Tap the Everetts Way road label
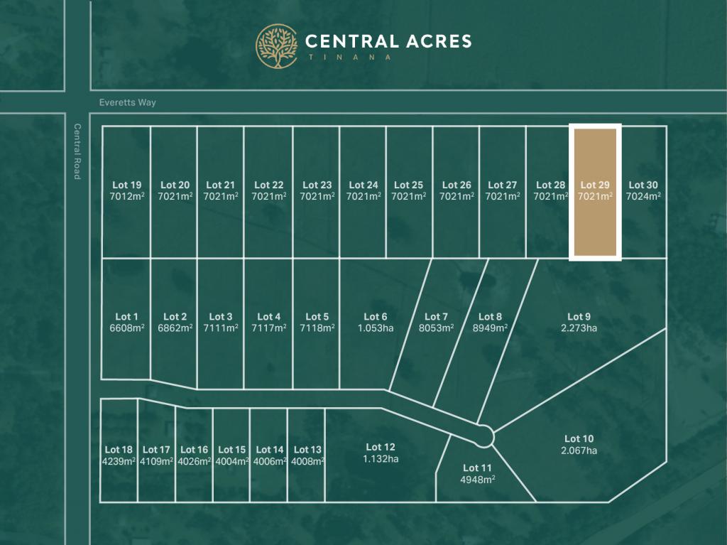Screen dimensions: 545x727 128,102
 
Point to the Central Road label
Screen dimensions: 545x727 77,151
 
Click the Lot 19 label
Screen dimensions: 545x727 126,185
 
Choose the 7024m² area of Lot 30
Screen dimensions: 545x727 643,196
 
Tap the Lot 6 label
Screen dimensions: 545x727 376,317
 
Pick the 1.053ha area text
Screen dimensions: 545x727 376,328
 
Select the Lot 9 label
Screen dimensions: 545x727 579,317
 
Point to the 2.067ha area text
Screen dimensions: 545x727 579,450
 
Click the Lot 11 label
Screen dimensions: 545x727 477,468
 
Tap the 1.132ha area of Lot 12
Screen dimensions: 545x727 381,458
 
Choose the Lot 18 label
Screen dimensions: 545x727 119,450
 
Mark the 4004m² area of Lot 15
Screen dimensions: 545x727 231,460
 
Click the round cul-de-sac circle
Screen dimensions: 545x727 484,436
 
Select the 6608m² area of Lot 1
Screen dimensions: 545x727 126,328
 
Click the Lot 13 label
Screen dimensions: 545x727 307,450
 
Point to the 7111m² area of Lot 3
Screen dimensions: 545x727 220,328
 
